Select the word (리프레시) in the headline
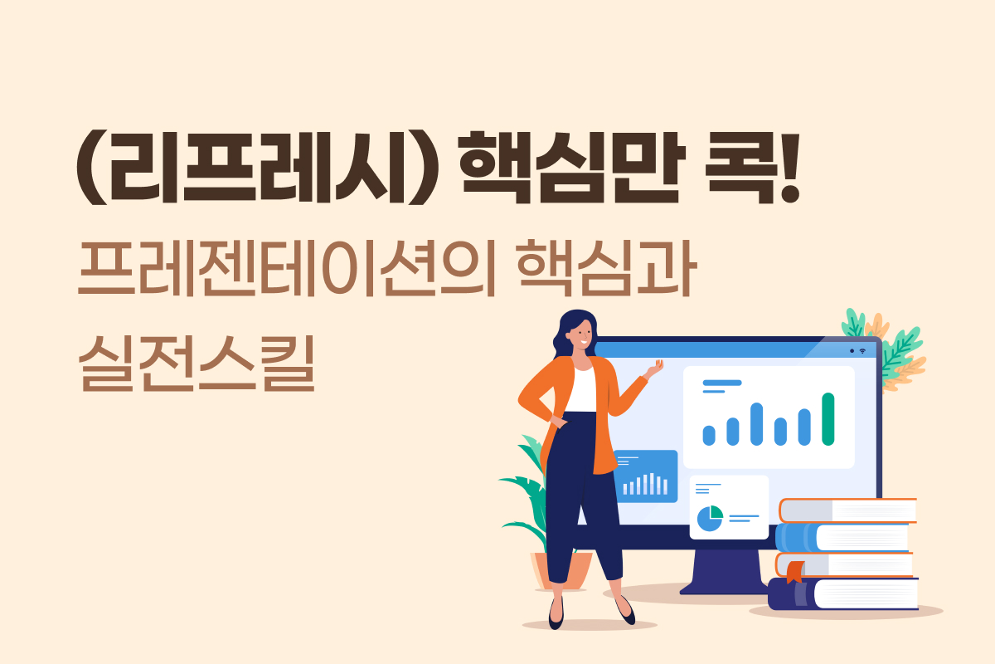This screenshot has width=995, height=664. pos(258,168)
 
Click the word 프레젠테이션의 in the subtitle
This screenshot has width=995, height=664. pos(287,268)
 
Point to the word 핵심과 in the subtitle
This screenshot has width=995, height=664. pos(606,268)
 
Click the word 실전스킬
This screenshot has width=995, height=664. pos(197,364)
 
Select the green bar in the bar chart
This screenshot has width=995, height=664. pos(828,419)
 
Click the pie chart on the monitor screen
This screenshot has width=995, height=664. pos(710,518)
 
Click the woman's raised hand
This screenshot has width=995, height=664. pos(655,369)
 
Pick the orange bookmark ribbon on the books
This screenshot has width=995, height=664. pos(795,572)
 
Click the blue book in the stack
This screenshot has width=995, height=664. pos(842,537)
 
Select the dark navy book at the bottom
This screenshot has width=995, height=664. pos(843,593)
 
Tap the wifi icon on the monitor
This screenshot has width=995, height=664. pos(862,351)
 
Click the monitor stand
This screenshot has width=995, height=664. pos(724,572)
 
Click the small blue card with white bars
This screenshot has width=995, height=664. pos(646,476)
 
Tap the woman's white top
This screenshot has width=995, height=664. pos(581,389)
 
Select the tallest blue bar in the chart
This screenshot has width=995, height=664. pos(756,424)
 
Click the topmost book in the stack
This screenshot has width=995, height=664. pos(847,510)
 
